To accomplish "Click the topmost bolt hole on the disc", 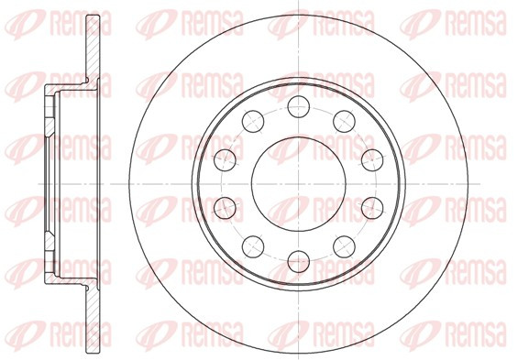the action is tap(298, 106).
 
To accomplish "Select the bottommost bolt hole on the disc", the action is tap(299, 262).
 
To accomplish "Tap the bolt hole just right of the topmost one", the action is tap(344, 122).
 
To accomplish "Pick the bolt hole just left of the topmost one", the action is tap(253, 121).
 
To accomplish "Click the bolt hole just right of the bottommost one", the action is tap(344, 246).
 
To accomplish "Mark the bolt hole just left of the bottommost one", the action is tap(253, 246).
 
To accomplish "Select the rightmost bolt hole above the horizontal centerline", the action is tap(372, 160).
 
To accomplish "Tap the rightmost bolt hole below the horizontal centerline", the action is tap(372, 208).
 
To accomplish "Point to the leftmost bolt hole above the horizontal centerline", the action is tap(225, 160).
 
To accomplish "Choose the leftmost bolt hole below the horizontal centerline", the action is tap(225, 208).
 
